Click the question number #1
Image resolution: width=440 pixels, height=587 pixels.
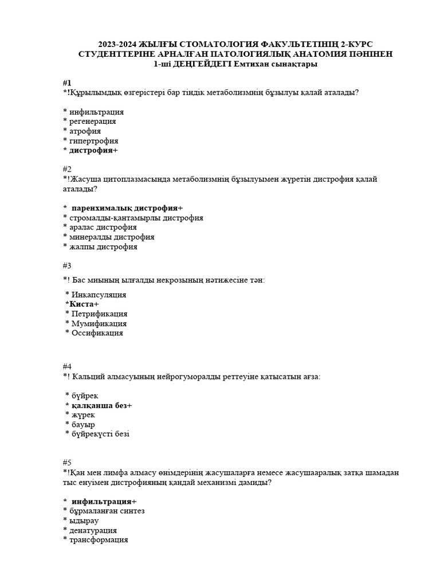[67, 83]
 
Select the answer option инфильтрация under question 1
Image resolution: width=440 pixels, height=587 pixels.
[96, 112]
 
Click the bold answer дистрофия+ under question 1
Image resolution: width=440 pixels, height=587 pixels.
[93, 151]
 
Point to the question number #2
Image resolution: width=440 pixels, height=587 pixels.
[67, 169]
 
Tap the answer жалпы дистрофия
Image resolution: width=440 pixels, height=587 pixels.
[103, 247]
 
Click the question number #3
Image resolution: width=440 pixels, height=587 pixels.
[67, 265]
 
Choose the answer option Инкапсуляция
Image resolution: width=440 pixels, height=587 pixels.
[99, 295]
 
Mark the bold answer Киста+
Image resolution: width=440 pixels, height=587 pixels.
[84, 304]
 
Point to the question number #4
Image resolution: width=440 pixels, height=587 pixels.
[67, 366]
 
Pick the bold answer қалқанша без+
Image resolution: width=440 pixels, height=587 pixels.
[102, 405]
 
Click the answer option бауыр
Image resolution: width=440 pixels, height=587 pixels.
[84, 425]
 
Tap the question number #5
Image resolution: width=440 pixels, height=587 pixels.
[67, 463]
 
